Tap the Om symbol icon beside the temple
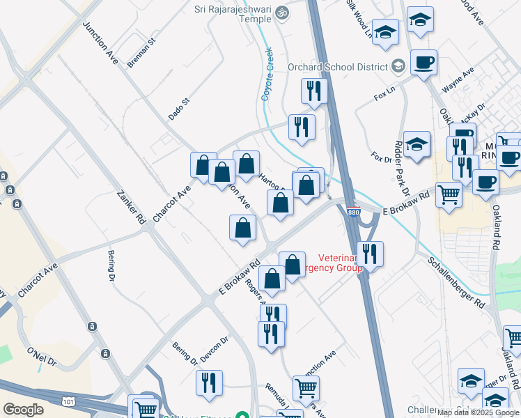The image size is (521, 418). [282, 13]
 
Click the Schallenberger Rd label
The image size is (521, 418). [457, 281]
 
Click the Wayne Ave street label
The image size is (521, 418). [458, 81]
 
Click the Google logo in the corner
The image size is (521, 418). [23, 409]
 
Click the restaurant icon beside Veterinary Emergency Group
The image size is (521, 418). [368, 254]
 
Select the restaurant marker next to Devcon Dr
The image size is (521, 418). [209, 382]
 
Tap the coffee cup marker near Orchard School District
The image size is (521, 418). [423, 63]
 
